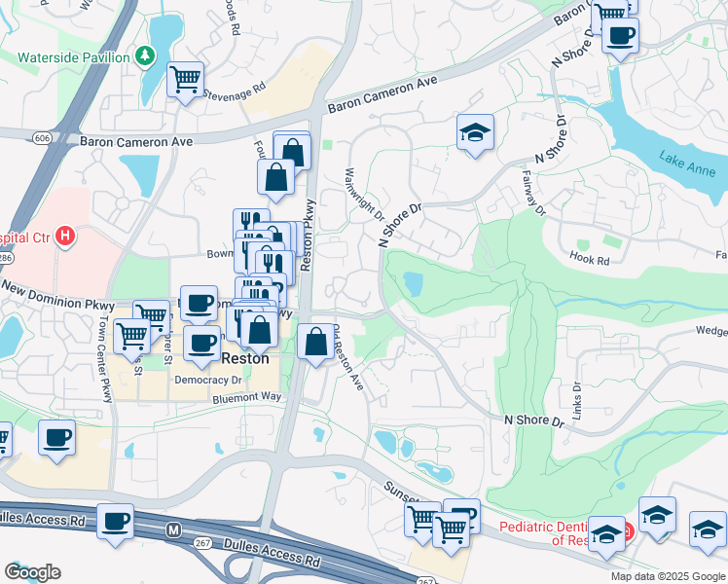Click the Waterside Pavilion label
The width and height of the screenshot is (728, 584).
74,57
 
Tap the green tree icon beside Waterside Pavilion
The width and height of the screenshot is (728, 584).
145,56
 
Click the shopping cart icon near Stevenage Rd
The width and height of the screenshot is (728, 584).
185,79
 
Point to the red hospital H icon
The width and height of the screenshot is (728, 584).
65,236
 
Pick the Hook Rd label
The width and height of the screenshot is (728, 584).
590,261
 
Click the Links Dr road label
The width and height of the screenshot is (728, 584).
576,400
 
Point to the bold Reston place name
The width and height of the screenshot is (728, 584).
246,357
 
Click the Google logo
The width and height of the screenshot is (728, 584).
33,572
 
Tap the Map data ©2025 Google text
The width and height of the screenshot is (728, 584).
667,576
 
